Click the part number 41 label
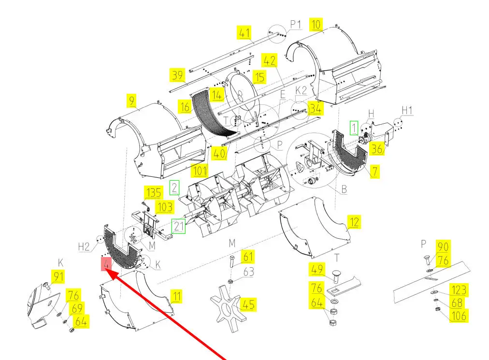click(x=245, y=33)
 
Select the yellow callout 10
click(x=316, y=24)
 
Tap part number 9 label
click(x=131, y=101)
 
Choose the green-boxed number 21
click(x=179, y=226)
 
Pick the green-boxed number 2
click(x=175, y=187)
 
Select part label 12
click(x=354, y=222)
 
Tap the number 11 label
click(x=177, y=296)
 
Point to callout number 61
click(x=248, y=257)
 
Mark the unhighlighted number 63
click(x=248, y=272)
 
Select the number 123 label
click(x=459, y=290)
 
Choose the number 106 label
click(x=459, y=316)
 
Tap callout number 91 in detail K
click(x=58, y=276)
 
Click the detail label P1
click(x=296, y=24)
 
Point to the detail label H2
click(x=85, y=246)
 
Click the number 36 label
click(x=377, y=149)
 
